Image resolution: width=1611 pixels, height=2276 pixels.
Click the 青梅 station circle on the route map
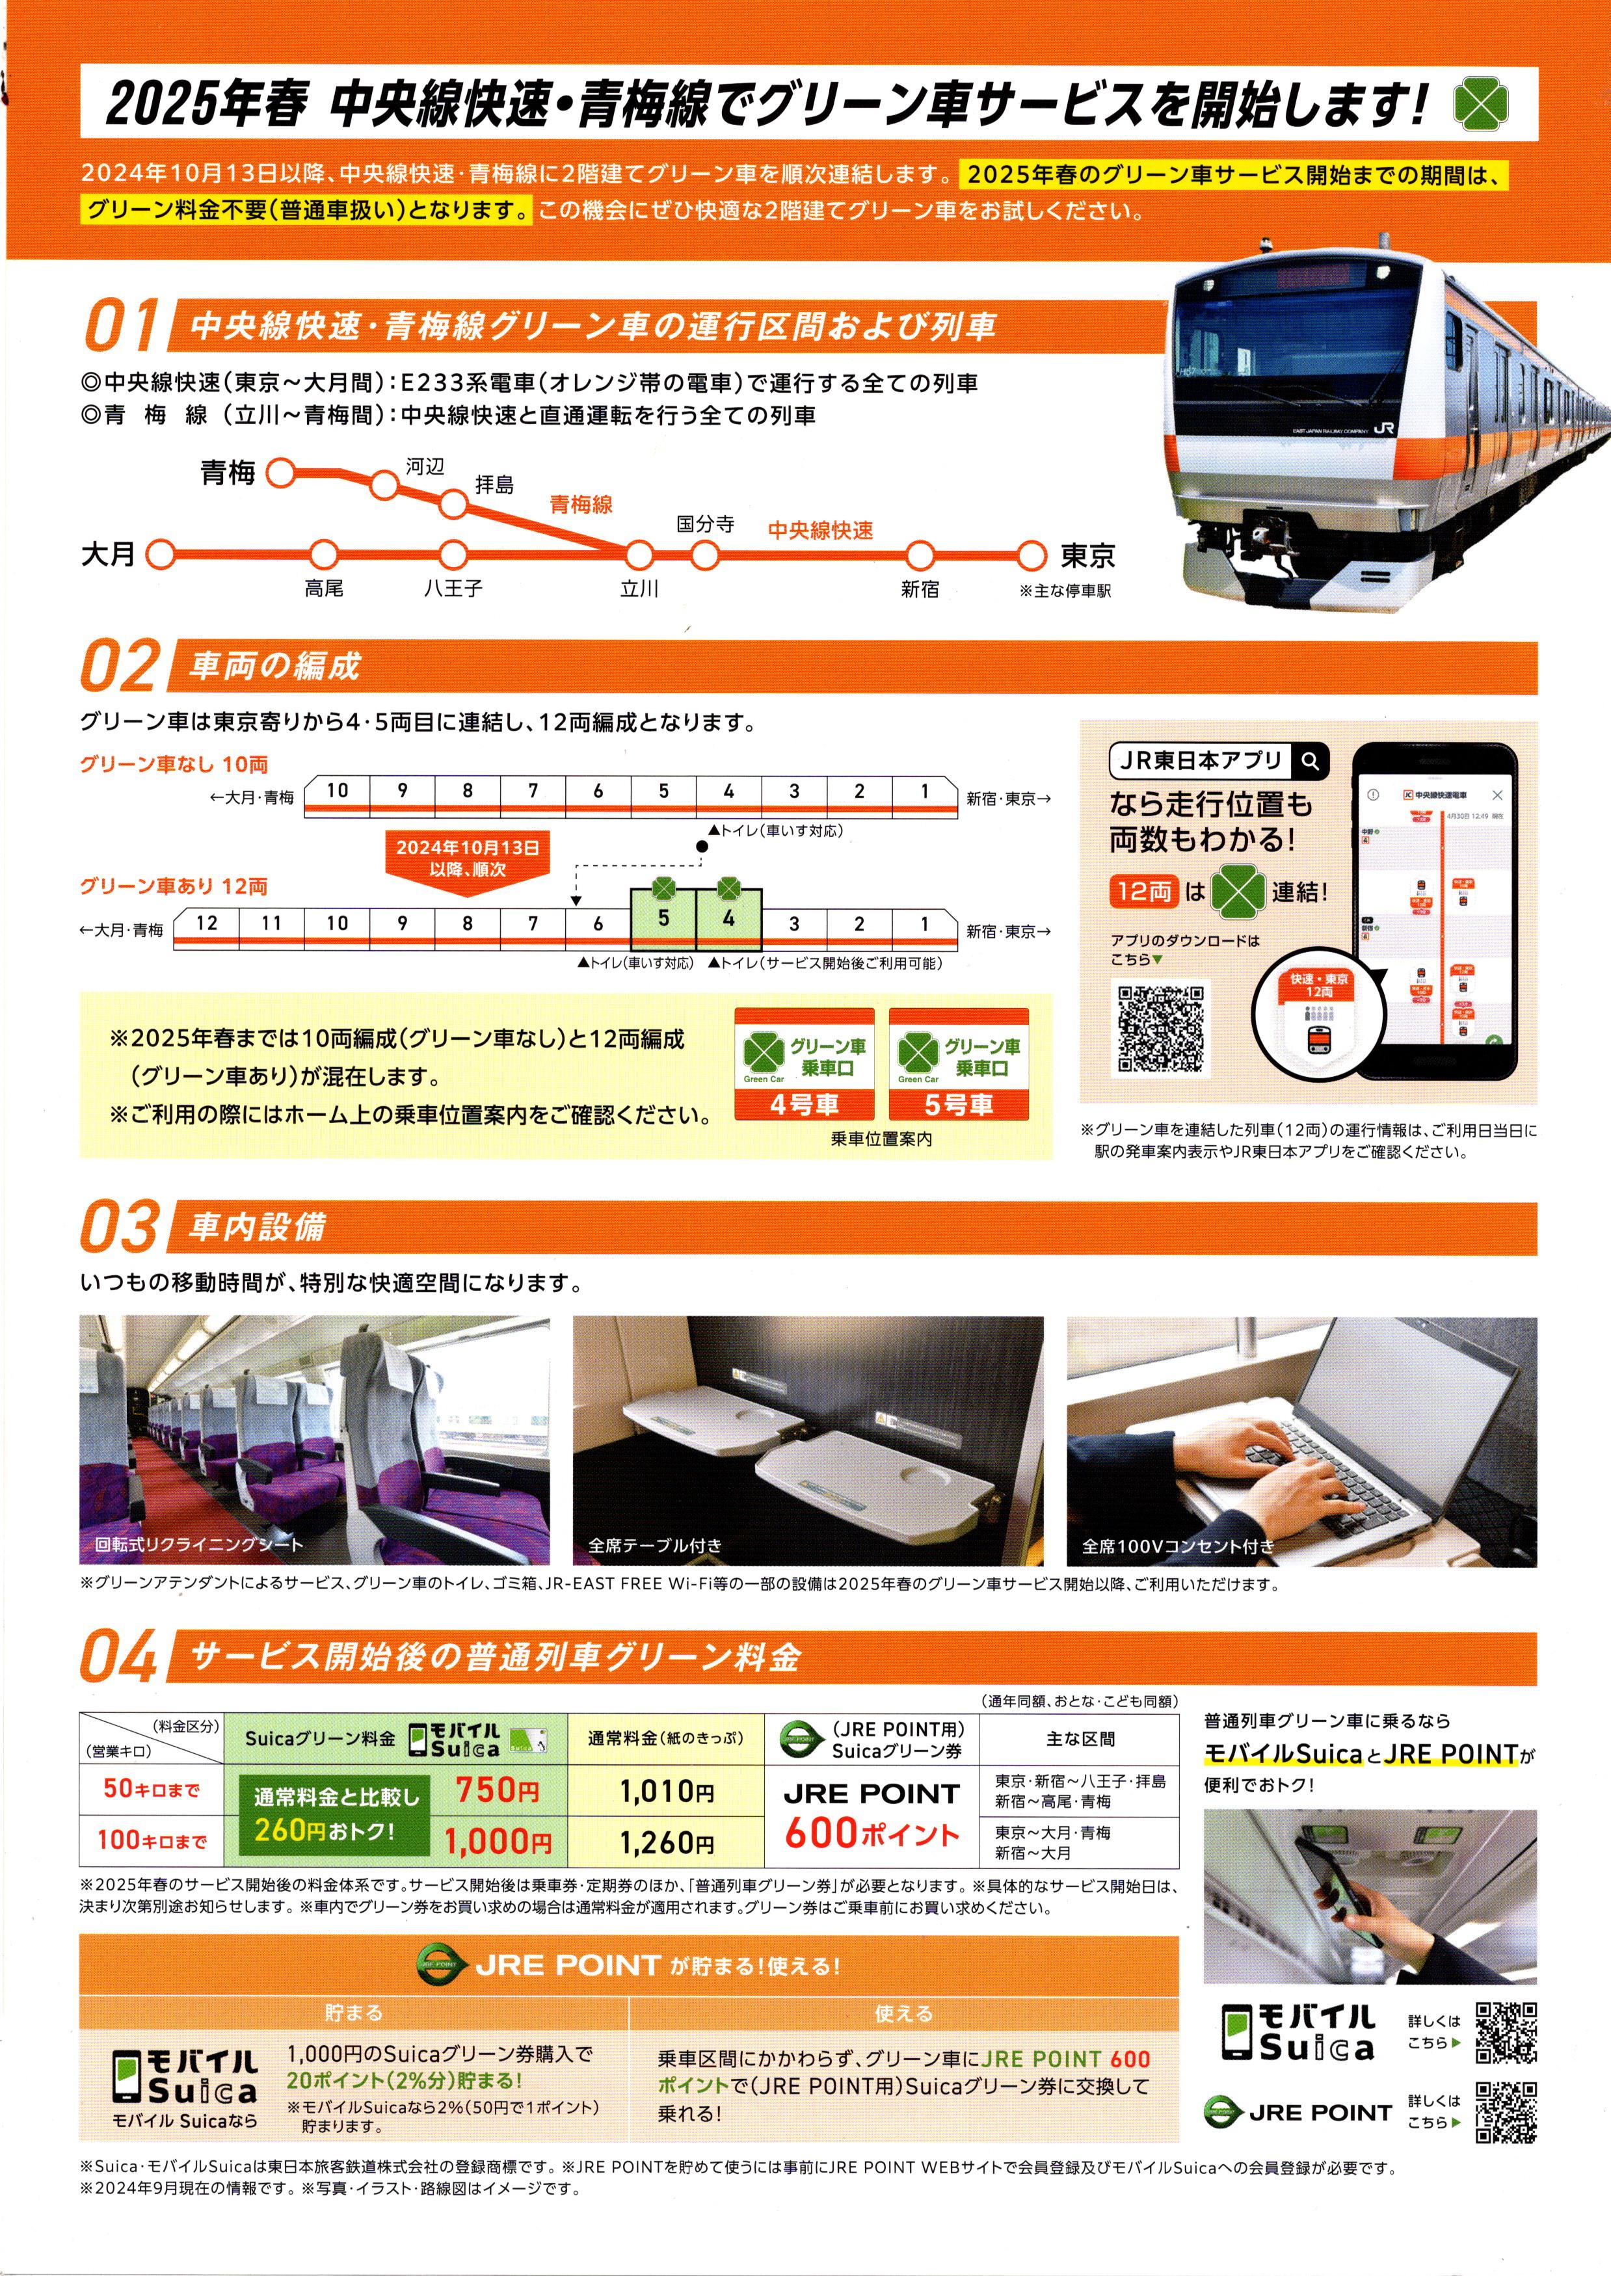pos(281,473)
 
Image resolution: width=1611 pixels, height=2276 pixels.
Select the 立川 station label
pos(640,589)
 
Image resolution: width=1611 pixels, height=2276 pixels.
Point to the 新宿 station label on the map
pos(920,589)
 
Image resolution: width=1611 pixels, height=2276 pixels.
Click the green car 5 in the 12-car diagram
pos(663,918)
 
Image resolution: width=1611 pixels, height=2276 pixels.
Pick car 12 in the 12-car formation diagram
pos(206,923)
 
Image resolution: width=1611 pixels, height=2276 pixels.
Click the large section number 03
pos(119,1228)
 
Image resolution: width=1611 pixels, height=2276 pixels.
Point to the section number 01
pos(119,326)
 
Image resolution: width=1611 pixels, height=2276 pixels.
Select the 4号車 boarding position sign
pos(803,1064)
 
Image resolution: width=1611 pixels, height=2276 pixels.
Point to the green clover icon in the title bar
pos(1482,104)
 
